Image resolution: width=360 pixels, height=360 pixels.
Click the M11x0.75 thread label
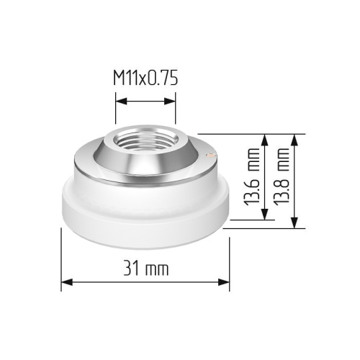pyautogui.click(x=145, y=78)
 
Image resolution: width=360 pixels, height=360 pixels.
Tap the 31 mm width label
pyautogui.click(x=145, y=269)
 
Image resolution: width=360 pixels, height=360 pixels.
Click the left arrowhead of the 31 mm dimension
pyautogui.click(x=65, y=284)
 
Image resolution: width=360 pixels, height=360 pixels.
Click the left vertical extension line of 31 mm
pyautogui.click(x=60, y=259)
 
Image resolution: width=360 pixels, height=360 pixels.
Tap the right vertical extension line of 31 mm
pyautogui.click(x=230, y=259)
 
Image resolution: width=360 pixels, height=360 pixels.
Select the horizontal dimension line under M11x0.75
pyautogui.click(x=145, y=102)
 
